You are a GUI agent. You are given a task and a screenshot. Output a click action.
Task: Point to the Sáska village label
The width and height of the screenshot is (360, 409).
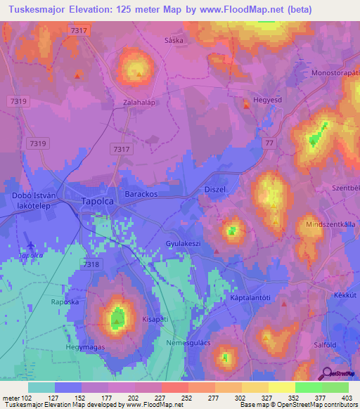(174, 41)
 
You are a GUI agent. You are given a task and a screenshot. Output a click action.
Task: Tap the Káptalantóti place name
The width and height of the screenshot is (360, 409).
(252, 298)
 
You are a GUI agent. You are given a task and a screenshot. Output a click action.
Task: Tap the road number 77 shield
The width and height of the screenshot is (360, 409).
(269, 142)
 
